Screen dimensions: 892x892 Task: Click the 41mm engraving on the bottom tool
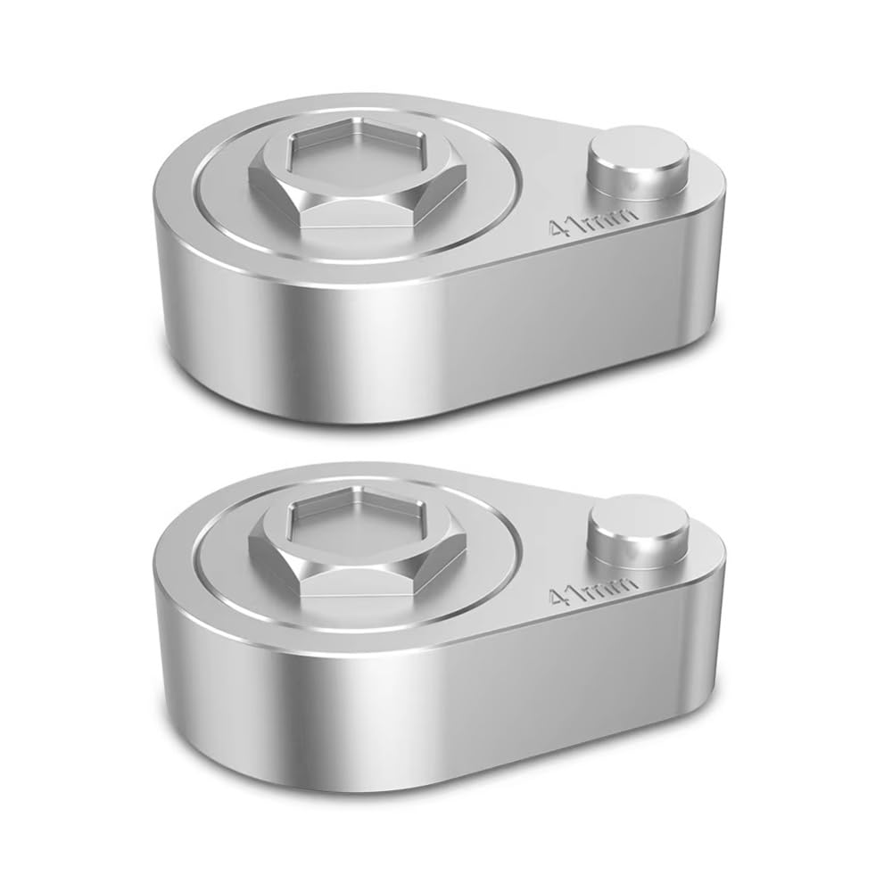(x=590, y=588)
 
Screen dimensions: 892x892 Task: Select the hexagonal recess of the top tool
(x=358, y=150)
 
